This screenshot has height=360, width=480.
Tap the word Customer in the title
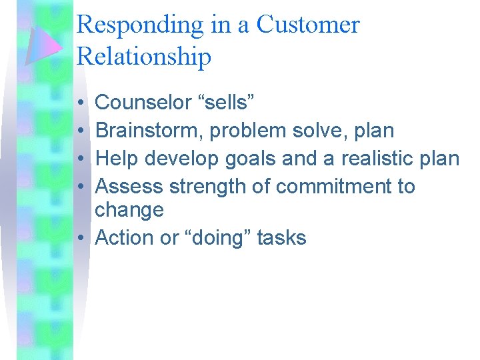tap(308, 25)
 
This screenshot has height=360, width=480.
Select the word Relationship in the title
tap(144, 57)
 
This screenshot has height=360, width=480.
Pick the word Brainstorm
tap(149, 131)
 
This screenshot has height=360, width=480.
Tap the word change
tap(129, 210)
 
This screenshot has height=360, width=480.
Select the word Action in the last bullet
tap(125, 238)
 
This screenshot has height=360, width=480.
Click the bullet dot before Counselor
tap(79, 103)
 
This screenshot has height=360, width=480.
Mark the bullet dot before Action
tap(79, 239)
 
